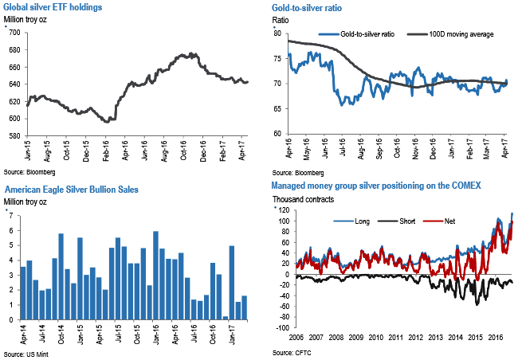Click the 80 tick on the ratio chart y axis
point(277,33)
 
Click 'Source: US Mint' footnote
point(26,353)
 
